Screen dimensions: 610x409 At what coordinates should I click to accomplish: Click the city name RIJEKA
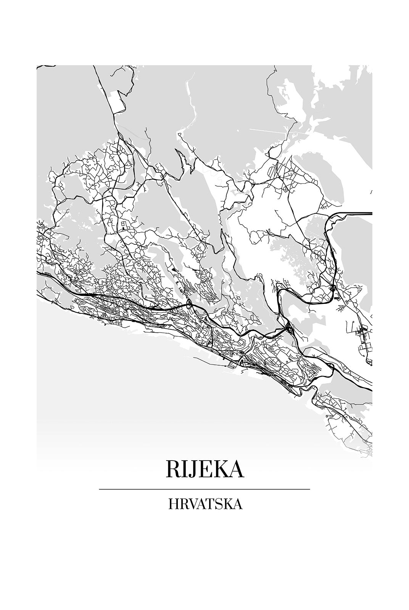pos(204,469)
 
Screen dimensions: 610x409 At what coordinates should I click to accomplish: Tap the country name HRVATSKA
pos(204,504)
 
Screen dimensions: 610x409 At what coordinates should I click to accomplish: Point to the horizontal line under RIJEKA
pos(204,489)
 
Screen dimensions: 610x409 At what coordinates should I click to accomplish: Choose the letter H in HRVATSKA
pos(173,504)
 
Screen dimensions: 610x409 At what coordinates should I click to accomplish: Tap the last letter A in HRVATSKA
pos(237,504)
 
